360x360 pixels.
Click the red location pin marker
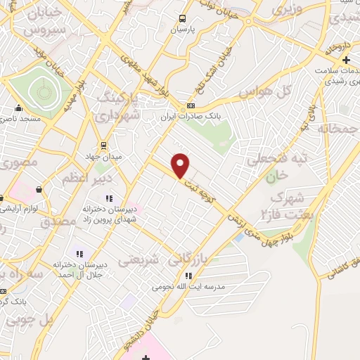[181, 165]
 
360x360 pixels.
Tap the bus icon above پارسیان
[182, 19]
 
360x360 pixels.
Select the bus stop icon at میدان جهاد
[104, 146]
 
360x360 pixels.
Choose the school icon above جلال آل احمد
[79, 253]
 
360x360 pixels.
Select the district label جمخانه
[333, 129]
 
